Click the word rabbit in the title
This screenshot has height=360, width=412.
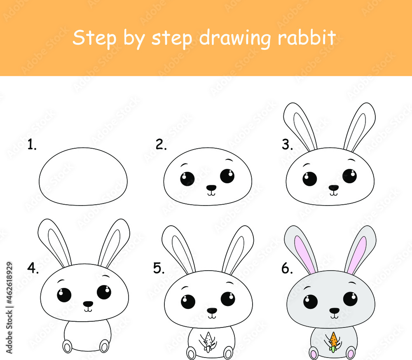[x=307, y=38]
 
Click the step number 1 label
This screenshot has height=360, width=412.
[x=32, y=145]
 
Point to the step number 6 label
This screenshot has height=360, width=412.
[x=287, y=269]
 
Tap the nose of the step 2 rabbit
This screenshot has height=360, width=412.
[x=211, y=188]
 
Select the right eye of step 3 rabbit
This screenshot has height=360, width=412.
[x=349, y=176]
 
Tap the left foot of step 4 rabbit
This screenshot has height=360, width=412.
[x=67, y=346]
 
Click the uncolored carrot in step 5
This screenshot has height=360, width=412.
[x=209, y=341]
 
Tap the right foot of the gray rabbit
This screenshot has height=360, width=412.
[x=351, y=352]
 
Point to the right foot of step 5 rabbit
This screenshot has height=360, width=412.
[x=228, y=352]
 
